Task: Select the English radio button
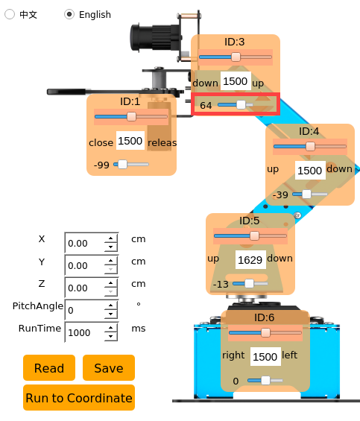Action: (x=69, y=14)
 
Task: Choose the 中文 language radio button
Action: (x=10, y=14)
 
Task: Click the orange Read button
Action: (x=49, y=368)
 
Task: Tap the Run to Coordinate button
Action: (x=79, y=398)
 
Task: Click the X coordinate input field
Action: (x=85, y=243)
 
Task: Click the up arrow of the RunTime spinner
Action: (x=111, y=328)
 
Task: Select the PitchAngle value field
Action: (x=85, y=310)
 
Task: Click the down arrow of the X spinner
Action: (x=111, y=247)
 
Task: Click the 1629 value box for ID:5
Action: (x=250, y=259)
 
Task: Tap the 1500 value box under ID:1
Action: (x=130, y=140)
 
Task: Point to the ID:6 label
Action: (x=265, y=317)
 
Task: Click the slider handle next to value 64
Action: (x=241, y=105)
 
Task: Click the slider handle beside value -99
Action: (x=122, y=165)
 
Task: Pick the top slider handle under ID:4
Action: (x=310, y=146)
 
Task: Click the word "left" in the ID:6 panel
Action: (x=290, y=355)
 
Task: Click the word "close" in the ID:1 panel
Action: (x=101, y=142)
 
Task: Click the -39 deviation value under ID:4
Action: (x=280, y=194)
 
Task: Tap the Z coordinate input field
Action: (x=85, y=288)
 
